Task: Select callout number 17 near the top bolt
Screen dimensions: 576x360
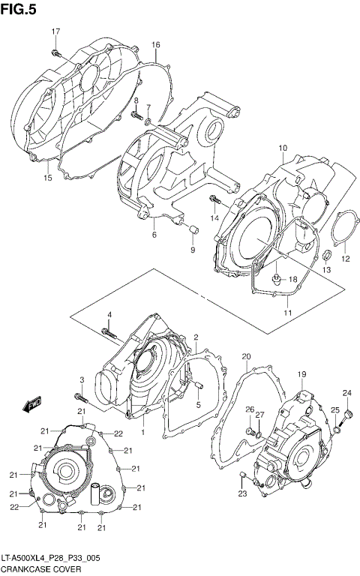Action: pyautogui.click(x=55, y=31)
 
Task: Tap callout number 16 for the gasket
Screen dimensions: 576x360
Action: pyautogui.click(x=156, y=46)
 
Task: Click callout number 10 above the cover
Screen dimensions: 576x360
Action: pyautogui.click(x=283, y=148)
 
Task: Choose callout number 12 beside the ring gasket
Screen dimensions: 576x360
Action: pyautogui.click(x=346, y=259)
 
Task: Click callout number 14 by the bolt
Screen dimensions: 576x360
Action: pyautogui.click(x=214, y=217)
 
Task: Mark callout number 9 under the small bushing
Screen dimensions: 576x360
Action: pyautogui.click(x=191, y=250)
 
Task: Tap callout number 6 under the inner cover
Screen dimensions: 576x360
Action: pyautogui.click(x=154, y=235)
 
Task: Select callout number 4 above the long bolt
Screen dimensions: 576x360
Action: pyautogui.click(x=108, y=313)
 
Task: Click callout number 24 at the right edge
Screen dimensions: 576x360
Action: pyautogui.click(x=347, y=394)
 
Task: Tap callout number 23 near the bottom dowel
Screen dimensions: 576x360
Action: pyautogui.click(x=242, y=493)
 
